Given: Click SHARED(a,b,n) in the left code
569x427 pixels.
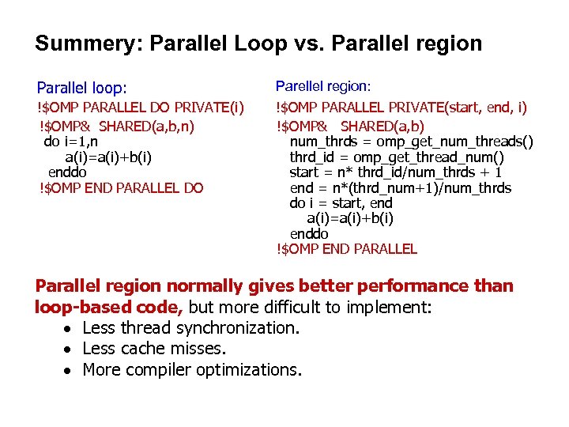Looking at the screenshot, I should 147,126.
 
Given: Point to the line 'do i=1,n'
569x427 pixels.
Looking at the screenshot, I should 71,142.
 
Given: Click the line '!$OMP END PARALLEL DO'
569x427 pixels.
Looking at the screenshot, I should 121,187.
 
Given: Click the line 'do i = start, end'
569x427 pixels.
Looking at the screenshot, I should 341,203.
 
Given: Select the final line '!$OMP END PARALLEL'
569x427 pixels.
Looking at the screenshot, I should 346,249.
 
